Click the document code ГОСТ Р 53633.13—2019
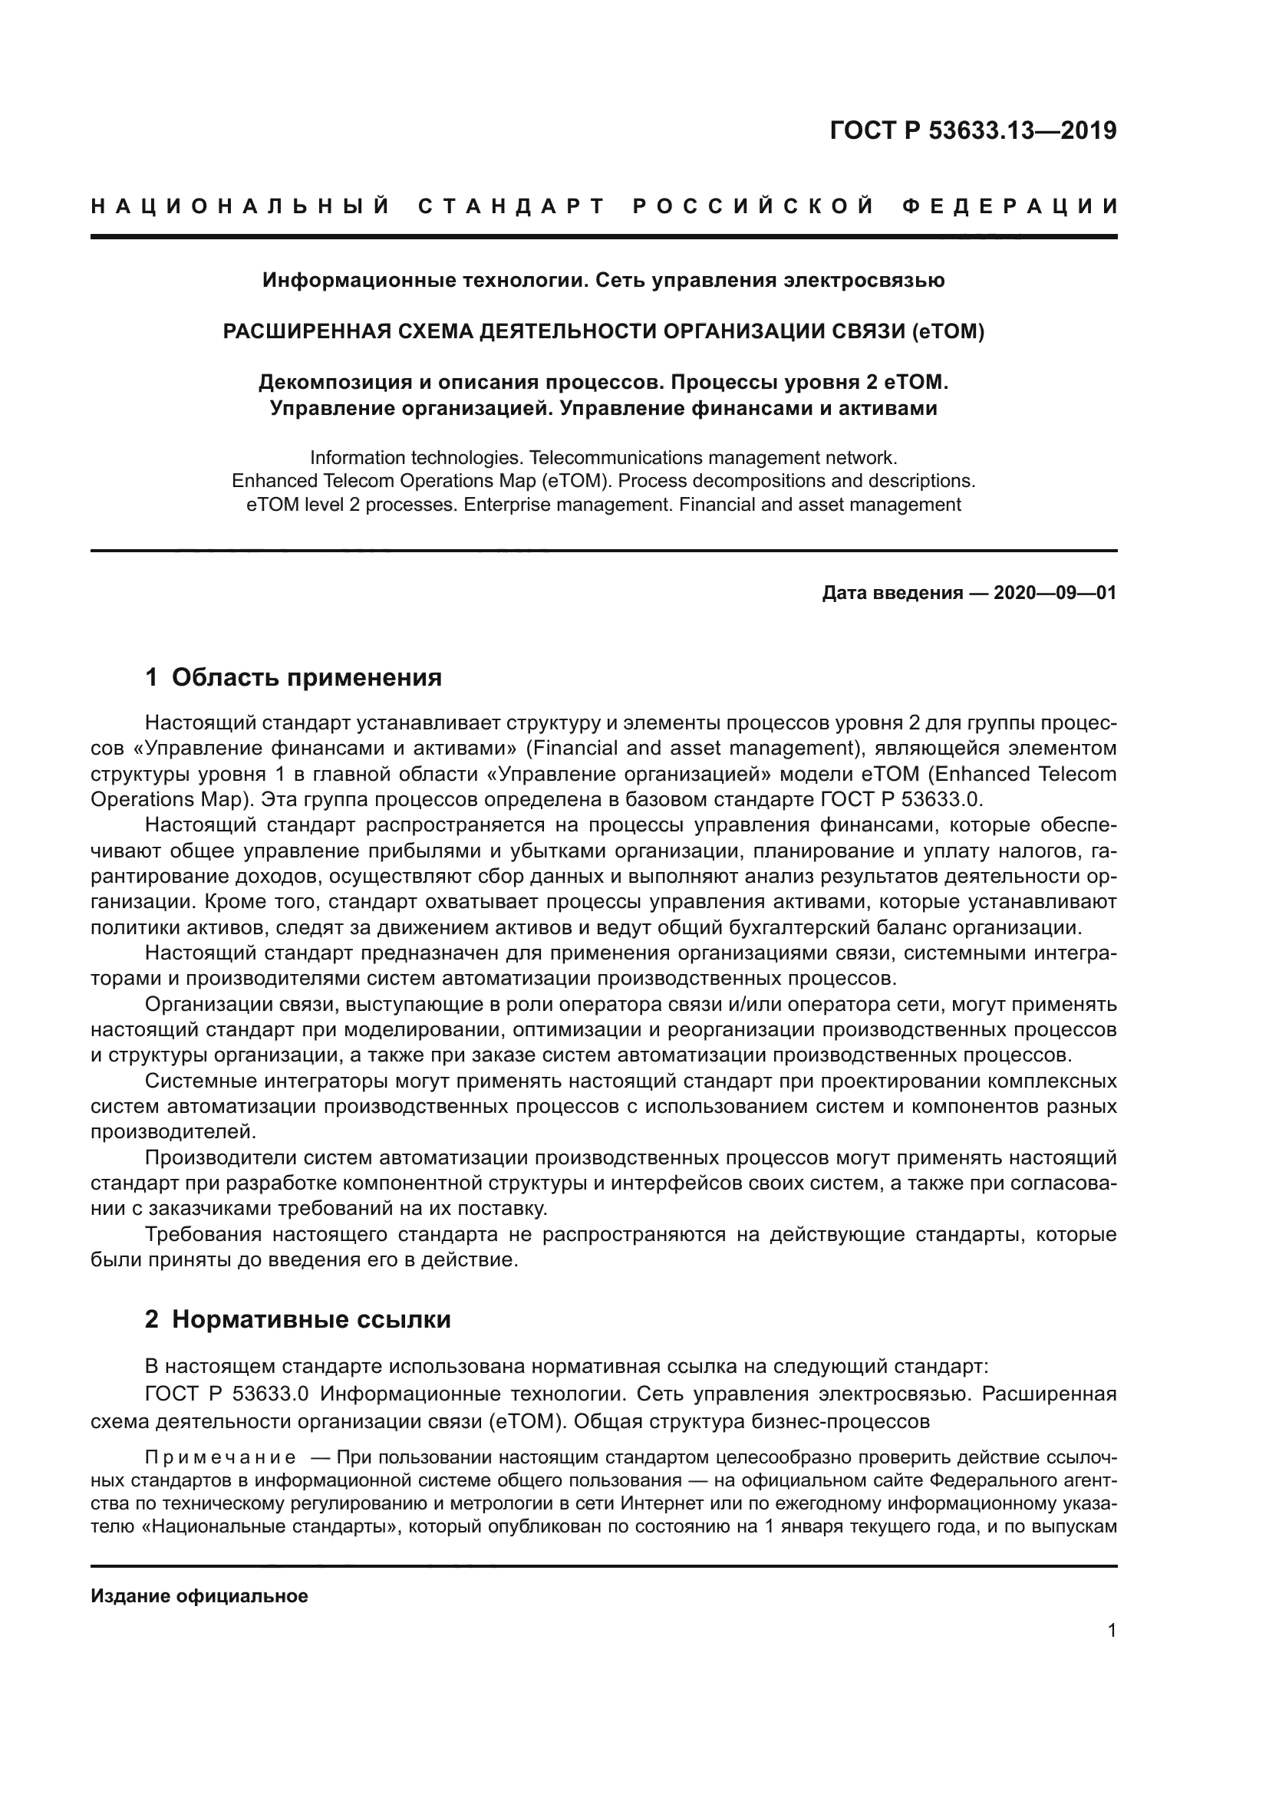(x=973, y=131)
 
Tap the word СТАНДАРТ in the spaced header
(x=512, y=207)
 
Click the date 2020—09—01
(x=1055, y=593)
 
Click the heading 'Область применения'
(x=306, y=677)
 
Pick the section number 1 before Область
(x=152, y=677)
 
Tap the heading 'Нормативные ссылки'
(x=311, y=1320)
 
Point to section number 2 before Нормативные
(x=152, y=1320)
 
